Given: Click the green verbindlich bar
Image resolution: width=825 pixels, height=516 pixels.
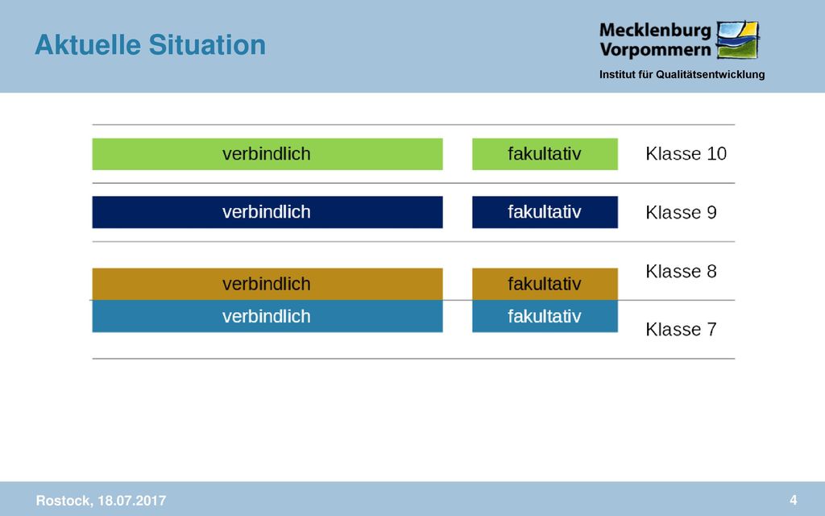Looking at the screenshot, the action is coord(267,154).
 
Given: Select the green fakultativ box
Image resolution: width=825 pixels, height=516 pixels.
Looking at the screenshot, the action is coord(545,154).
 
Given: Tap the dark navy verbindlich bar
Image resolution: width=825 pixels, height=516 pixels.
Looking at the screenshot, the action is coord(267,212).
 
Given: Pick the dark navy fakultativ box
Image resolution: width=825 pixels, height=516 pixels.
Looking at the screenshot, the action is coord(545,212).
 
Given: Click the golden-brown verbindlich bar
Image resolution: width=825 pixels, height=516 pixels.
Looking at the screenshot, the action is coord(267,285).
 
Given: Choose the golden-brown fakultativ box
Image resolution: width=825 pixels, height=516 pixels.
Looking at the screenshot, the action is coord(545,285).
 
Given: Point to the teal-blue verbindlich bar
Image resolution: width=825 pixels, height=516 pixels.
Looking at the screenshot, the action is coord(267,316).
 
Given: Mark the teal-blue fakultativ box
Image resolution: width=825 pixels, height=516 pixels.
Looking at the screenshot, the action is coord(545,316).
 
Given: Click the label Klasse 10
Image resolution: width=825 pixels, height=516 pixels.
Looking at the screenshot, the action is coord(686,154).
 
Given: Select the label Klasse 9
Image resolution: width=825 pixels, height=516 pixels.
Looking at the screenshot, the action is coord(681,212).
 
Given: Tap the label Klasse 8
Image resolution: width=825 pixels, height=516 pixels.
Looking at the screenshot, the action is coord(681,271).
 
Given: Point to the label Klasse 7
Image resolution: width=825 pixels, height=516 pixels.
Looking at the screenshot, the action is coord(681,330).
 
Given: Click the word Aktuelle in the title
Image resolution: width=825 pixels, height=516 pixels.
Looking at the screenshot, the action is coord(88,45).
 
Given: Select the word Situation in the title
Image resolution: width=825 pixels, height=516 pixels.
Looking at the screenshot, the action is coord(207,45).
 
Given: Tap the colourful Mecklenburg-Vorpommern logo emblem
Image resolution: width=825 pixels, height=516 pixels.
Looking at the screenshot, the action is coord(738,40).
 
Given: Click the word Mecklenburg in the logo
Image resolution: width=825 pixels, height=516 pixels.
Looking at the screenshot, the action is coord(655,31).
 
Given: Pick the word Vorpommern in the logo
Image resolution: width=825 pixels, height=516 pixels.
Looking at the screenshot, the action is coord(655,50).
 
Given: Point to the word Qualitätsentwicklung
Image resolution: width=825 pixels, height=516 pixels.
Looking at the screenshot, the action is coord(711,75).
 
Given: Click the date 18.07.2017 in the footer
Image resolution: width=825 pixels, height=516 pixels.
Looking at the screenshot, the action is coord(132,500).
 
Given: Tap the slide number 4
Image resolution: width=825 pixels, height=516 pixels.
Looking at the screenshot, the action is coord(794,500).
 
